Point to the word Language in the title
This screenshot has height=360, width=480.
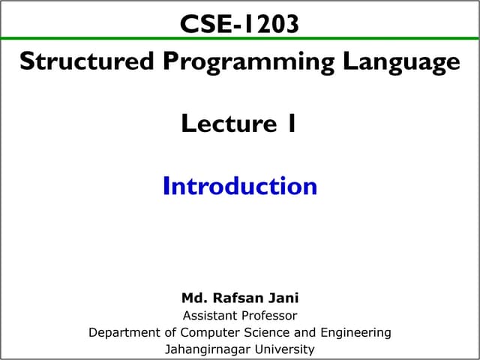(401, 61)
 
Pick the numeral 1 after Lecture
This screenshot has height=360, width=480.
(291, 123)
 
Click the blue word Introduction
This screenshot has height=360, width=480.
(239, 185)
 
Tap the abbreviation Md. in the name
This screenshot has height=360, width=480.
(194, 298)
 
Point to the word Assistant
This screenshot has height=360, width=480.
(208, 316)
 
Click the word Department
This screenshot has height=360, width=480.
(122, 332)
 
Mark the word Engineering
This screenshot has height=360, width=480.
(355, 332)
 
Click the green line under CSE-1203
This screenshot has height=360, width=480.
(240, 38)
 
